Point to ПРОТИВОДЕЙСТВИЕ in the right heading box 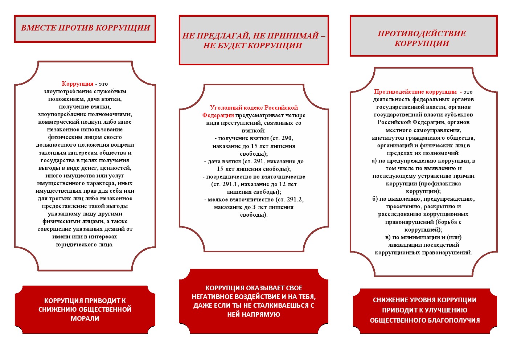click(x=422, y=34)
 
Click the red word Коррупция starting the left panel click(x=77, y=84)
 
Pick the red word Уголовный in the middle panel click(x=223, y=108)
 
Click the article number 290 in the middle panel click(x=287, y=138)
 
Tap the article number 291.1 click(x=230, y=184)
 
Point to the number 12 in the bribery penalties click(x=282, y=184)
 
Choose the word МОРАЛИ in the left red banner click(x=85, y=319)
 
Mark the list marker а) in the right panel click(x=374, y=161)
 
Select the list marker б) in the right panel click(x=375, y=199)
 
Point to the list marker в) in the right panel click(x=387, y=237)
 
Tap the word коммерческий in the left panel click(x=55, y=122)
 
